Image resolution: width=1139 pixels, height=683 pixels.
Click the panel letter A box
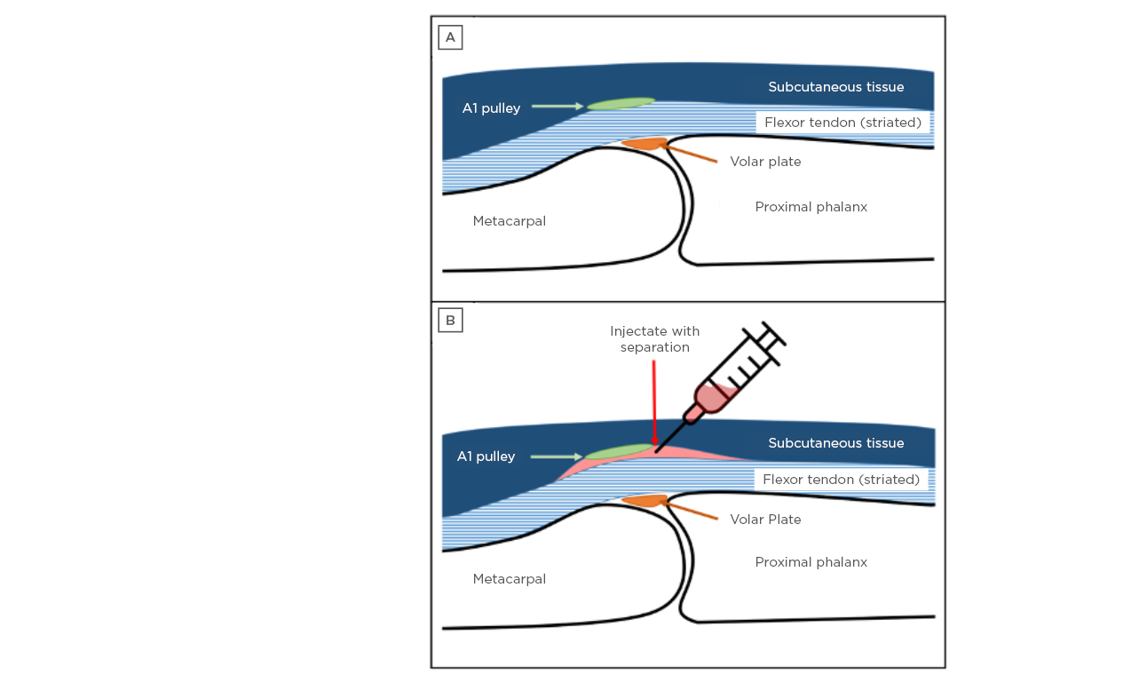pyautogui.click(x=450, y=37)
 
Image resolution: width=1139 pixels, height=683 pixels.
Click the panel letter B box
pyautogui.click(x=450, y=321)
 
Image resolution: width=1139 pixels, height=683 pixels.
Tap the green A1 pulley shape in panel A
pyautogui.click(x=621, y=104)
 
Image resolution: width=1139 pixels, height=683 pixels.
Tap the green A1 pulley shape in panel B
pyautogui.click(x=619, y=452)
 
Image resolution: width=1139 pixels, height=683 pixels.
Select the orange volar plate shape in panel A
pyautogui.click(x=646, y=143)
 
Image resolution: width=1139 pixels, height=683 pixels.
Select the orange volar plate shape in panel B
pyautogui.click(x=646, y=501)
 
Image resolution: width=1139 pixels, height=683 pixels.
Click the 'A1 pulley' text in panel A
pyautogui.click(x=491, y=108)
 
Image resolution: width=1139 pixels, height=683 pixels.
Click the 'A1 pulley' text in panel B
pyautogui.click(x=486, y=457)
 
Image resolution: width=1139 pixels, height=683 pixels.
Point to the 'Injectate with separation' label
pyautogui.click(x=655, y=339)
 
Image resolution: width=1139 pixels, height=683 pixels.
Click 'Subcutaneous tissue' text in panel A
pyautogui.click(x=835, y=87)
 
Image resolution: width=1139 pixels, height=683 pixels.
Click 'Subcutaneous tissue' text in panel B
pyautogui.click(x=835, y=443)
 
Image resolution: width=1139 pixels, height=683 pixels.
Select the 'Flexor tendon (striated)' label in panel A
pyautogui.click(x=842, y=123)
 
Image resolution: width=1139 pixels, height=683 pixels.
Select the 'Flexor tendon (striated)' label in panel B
pyautogui.click(x=841, y=480)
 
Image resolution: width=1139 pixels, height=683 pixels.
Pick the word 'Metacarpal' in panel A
pyautogui.click(x=509, y=221)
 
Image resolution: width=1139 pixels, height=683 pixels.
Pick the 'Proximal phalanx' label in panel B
pyautogui.click(x=811, y=562)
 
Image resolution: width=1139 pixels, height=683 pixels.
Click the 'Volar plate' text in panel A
pyautogui.click(x=765, y=162)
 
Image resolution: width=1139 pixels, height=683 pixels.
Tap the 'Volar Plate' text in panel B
pyautogui.click(x=765, y=520)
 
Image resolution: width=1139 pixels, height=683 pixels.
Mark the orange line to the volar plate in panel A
pyautogui.click(x=692, y=155)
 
